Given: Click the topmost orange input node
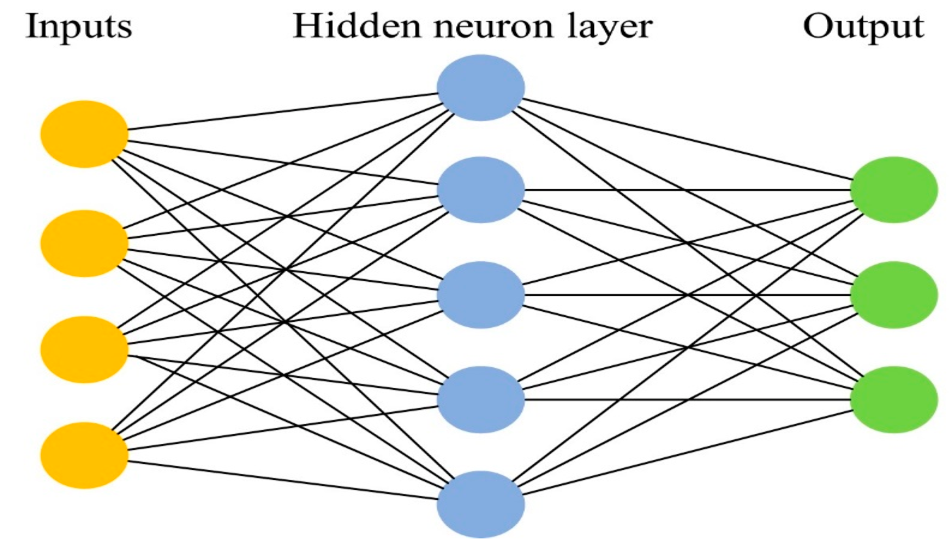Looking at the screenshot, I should coord(84,134).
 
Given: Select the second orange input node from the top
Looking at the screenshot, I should coord(84,244).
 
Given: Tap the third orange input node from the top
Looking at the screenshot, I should coord(84,349).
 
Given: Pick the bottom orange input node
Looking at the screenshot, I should coord(84,455).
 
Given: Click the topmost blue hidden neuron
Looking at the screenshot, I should coord(480,87).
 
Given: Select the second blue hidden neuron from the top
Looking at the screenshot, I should coord(480,189).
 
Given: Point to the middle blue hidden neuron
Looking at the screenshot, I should coord(480,295).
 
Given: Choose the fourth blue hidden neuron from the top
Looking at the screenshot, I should coord(480,399).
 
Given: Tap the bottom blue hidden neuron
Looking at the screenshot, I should coord(480,504).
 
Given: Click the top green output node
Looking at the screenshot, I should coord(894,189).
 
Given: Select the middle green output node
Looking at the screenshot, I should coord(894,295).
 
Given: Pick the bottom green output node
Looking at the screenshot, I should coord(894,399).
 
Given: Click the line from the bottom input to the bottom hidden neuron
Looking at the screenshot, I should coord(282,480).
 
